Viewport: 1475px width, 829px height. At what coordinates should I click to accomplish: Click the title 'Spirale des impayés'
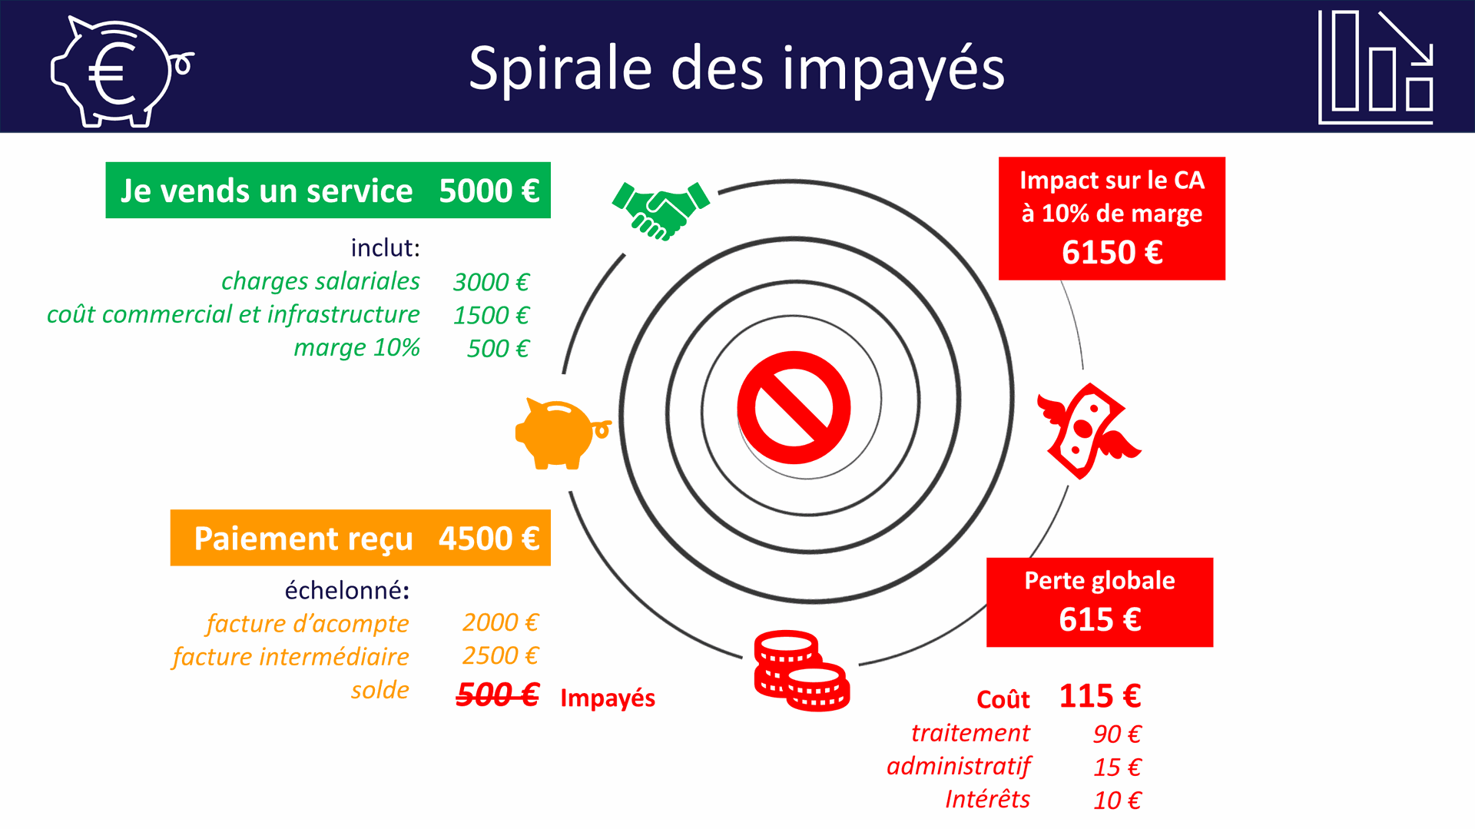pyautogui.click(x=737, y=69)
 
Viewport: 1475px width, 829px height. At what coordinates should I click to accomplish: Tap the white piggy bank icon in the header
pyautogui.click(x=121, y=71)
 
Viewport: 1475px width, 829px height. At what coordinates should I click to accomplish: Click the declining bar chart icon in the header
pyautogui.click(x=1376, y=67)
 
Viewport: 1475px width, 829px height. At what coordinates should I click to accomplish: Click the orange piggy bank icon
pyautogui.click(x=563, y=434)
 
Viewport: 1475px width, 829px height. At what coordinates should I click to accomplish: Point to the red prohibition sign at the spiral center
pyautogui.click(x=794, y=407)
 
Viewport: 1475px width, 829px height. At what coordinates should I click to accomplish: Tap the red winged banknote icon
pyautogui.click(x=1089, y=431)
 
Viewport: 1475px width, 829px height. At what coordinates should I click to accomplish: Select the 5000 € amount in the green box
pyautogui.click(x=489, y=191)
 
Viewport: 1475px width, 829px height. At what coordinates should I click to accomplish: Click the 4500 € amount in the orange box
pyautogui.click(x=489, y=538)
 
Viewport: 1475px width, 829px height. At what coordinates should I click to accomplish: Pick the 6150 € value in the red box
pyautogui.click(x=1112, y=252)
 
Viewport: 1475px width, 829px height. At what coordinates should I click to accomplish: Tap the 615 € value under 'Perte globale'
pyautogui.click(x=1099, y=619)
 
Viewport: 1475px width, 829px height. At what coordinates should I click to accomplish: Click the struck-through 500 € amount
pyautogui.click(x=498, y=695)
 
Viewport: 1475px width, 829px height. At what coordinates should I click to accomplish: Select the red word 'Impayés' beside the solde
pyautogui.click(x=608, y=698)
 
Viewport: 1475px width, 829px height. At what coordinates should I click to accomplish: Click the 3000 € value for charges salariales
pyautogui.click(x=492, y=282)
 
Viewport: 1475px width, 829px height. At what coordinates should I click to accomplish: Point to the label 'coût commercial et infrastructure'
pyautogui.click(x=234, y=314)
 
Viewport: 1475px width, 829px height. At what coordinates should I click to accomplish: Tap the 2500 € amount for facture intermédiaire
pyautogui.click(x=501, y=655)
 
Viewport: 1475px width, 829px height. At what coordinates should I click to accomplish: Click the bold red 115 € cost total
pyautogui.click(x=1100, y=696)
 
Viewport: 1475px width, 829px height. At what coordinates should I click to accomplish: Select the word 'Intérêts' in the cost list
pyautogui.click(x=987, y=799)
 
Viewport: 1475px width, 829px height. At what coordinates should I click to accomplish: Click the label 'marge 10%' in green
pyautogui.click(x=357, y=347)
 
